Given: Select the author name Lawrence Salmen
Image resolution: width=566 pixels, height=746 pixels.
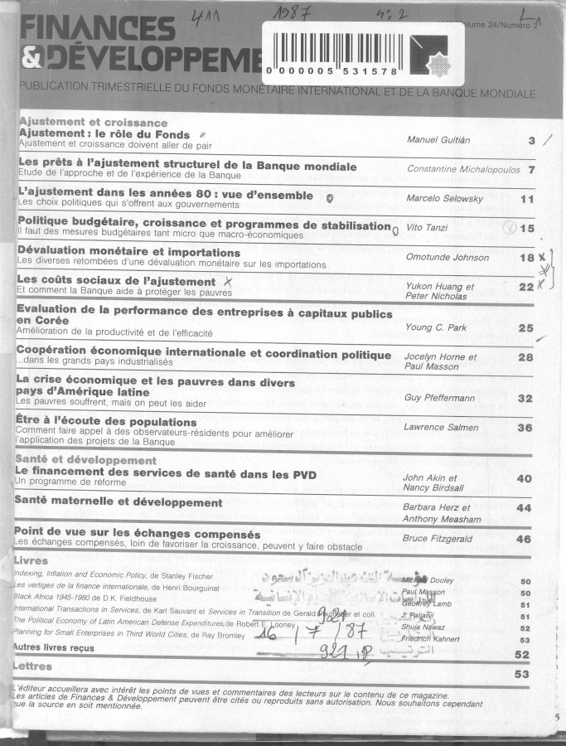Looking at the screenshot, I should point(440,428).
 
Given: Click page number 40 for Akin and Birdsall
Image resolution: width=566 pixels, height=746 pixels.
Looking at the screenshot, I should point(524,478).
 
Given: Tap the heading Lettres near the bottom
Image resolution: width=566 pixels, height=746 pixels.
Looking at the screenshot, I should point(33,666).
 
